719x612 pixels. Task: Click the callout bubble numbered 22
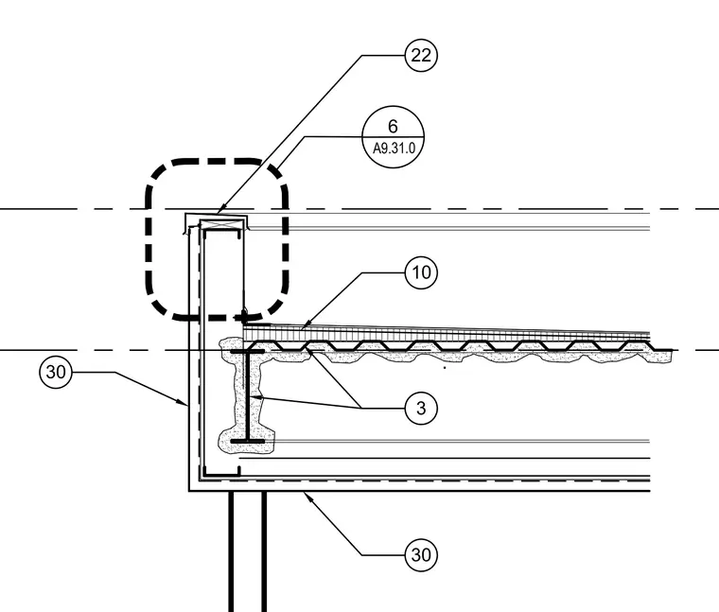point(421,56)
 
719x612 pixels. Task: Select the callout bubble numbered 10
point(421,272)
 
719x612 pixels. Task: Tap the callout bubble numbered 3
point(421,408)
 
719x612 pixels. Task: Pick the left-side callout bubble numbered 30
point(56,372)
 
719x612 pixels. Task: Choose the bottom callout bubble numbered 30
point(421,555)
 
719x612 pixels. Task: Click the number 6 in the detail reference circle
point(393,126)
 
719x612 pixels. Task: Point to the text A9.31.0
point(394,149)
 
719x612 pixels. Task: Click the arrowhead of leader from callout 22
point(221,211)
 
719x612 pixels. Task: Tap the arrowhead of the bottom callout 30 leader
point(307,496)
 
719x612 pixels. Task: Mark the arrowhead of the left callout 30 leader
point(183,403)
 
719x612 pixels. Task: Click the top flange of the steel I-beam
point(248,352)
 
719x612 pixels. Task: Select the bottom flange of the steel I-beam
point(248,441)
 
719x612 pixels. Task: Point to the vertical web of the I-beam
point(248,396)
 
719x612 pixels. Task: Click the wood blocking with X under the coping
point(222,224)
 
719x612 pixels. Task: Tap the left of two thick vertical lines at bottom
point(231,551)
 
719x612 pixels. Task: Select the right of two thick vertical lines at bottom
point(264,551)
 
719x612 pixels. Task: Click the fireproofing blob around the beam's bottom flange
point(247,441)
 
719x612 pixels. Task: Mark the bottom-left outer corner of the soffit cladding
point(189,491)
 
